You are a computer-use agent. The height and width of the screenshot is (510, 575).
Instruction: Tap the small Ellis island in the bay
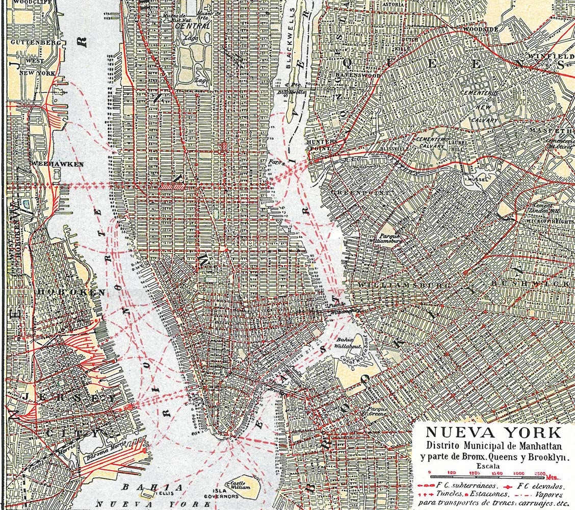point(149,494)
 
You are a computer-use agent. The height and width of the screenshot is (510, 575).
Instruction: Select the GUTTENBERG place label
point(35,42)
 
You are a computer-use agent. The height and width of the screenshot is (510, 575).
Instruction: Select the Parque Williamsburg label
point(390,239)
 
